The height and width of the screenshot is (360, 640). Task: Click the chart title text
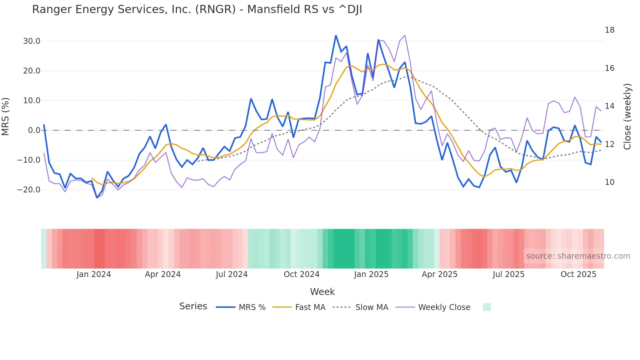pos(197,9)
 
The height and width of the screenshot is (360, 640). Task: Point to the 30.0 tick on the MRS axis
pos(32,41)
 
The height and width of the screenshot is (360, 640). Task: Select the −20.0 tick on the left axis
pos(29,190)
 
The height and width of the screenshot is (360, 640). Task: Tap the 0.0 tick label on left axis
pos(34,130)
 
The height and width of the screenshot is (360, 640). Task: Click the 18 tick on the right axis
pos(609,30)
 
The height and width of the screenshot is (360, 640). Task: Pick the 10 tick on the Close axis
pos(609,182)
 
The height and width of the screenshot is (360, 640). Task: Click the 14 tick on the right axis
pos(609,106)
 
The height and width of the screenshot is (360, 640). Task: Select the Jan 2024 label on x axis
pos(94,274)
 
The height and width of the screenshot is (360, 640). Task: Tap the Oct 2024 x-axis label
pos(301,274)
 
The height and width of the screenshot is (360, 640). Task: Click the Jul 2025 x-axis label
pos(508,274)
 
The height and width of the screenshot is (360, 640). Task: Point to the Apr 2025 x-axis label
pos(440,274)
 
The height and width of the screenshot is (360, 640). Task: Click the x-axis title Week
pos(322,292)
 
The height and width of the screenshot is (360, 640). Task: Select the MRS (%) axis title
pos(6,117)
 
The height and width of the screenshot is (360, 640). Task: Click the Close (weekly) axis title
pos(627,117)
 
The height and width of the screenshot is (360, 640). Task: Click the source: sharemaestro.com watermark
pos(578,256)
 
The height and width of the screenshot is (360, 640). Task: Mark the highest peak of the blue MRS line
pos(336,36)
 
